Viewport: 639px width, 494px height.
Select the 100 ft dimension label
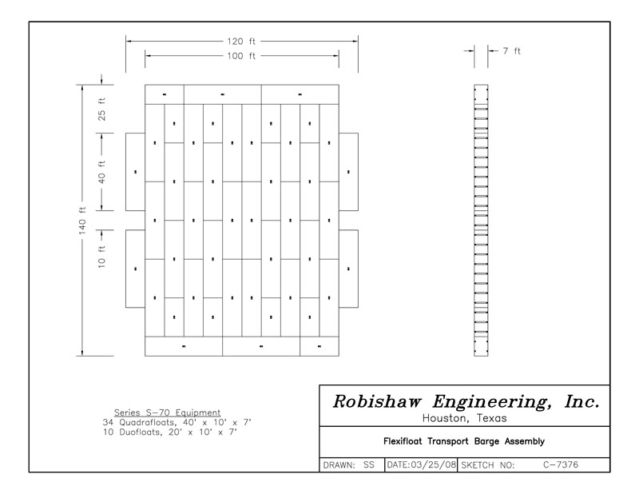pyautogui.click(x=241, y=56)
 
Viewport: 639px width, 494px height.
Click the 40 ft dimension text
pyautogui.click(x=102, y=172)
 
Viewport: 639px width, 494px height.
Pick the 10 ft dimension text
pyautogui.click(x=102, y=259)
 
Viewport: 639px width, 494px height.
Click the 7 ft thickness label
pyautogui.click(x=511, y=50)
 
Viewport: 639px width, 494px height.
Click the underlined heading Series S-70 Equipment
pyautogui.click(x=167, y=412)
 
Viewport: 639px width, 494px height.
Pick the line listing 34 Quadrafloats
pyautogui.click(x=177, y=422)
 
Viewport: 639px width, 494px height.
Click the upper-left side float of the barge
pyautogui.click(x=136, y=171)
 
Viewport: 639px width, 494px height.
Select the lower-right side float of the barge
pyautogui.click(x=348, y=269)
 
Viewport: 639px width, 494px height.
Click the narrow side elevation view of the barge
pyautogui.click(x=479, y=220)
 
